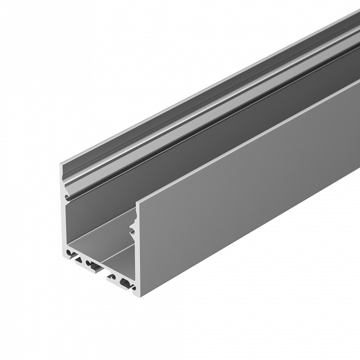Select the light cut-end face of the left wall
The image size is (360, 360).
(63, 225)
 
